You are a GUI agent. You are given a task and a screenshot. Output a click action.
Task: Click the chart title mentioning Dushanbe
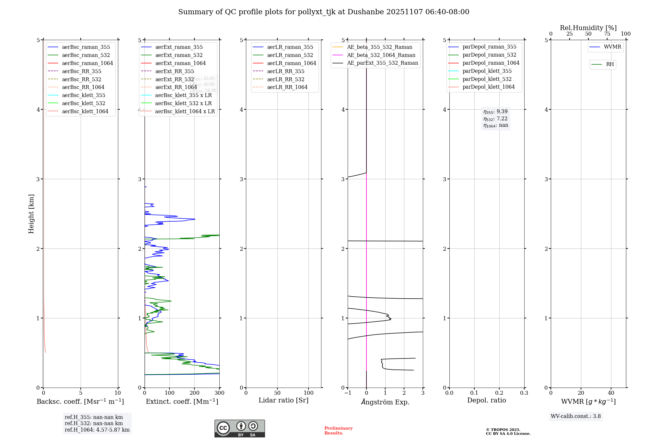click(324, 12)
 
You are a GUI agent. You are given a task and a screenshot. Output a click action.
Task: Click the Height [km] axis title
click(31, 214)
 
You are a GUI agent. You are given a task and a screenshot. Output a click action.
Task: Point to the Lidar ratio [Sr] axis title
click(283, 400)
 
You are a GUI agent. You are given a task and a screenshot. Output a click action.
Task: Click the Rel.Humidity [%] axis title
click(588, 28)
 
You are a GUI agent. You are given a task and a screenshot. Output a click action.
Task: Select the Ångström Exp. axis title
click(385, 402)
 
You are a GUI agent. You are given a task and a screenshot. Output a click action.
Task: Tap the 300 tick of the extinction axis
click(219, 393)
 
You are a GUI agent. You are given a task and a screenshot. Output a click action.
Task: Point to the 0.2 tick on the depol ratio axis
click(499, 393)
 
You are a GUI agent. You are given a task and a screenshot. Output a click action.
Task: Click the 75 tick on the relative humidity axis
click(607, 34)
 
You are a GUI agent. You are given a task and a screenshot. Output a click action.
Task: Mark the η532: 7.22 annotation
click(495, 119)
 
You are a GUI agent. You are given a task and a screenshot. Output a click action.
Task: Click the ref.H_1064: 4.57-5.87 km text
click(97, 430)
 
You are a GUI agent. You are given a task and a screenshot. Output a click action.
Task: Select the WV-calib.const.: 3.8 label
click(576, 416)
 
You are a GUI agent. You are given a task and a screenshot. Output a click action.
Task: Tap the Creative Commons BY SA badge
click(239, 428)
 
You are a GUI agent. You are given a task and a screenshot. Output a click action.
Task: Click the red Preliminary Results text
click(338, 431)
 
